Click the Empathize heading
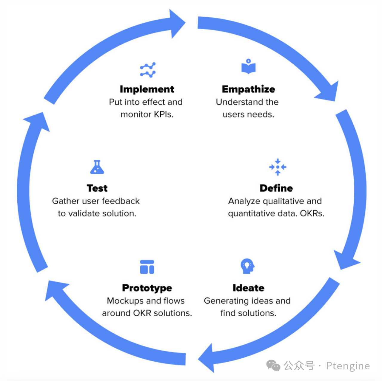click(x=248, y=89)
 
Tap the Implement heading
click(x=147, y=89)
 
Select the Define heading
click(x=276, y=188)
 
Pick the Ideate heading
click(x=248, y=288)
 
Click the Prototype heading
click(x=147, y=288)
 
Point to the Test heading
click(x=97, y=188)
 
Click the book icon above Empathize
click(x=248, y=66)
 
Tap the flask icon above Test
click(x=97, y=167)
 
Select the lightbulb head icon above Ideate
click(x=247, y=266)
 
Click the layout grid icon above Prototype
click(x=147, y=267)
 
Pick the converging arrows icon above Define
click(x=278, y=167)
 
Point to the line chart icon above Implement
click(x=148, y=70)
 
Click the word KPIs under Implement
click(x=164, y=114)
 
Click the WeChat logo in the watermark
click(x=273, y=365)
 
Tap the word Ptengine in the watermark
click(x=348, y=365)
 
